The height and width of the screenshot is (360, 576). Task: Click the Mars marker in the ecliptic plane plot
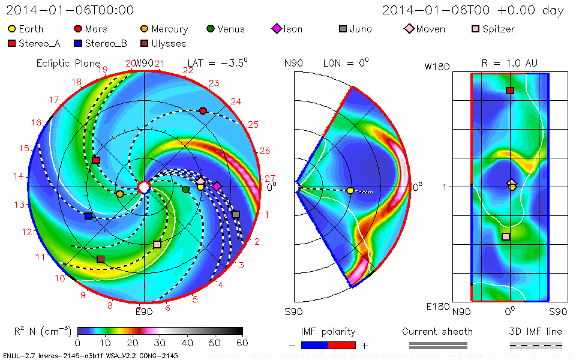tap(203, 111)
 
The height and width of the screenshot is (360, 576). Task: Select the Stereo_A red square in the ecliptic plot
tap(96, 160)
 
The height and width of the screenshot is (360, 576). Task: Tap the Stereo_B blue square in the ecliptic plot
tap(88, 216)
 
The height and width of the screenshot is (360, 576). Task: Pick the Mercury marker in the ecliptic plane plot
tap(119, 194)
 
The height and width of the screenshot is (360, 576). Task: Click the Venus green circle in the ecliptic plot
tap(185, 190)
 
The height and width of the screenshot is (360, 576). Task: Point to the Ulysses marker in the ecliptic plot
tap(100, 259)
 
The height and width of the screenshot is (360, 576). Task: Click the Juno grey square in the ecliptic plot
tap(236, 214)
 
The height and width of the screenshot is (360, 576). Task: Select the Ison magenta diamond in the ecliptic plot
tap(217, 187)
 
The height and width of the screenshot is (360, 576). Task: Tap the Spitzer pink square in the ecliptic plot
tap(157, 244)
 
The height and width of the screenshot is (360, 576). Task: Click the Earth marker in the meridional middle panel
tap(350, 191)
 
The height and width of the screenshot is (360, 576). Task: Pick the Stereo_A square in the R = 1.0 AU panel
tap(510, 91)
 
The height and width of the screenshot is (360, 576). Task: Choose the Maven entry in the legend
tap(430, 29)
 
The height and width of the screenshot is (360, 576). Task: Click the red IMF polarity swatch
tap(342, 345)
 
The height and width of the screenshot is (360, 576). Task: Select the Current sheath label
tap(437, 331)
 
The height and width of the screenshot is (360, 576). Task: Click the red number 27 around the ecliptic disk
tap(269, 179)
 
